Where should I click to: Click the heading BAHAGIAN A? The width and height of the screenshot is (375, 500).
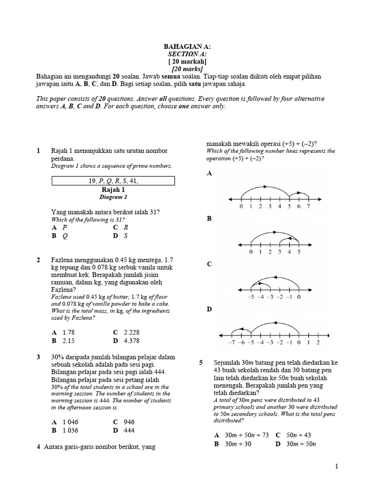click(x=187, y=47)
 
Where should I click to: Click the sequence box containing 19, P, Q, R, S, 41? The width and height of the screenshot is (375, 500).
click(x=113, y=181)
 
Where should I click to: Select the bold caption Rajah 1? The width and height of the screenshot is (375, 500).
click(x=113, y=189)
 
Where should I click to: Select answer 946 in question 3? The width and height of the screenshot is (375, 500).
click(x=128, y=422)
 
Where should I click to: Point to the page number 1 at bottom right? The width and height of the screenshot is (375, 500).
click(x=336, y=467)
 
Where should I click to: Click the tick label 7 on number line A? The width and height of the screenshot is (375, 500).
click(x=308, y=207)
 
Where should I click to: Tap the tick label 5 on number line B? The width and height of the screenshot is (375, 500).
click(x=299, y=252)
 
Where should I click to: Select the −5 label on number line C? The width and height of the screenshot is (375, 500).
click(x=251, y=296)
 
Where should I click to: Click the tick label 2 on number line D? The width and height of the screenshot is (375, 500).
click(x=318, y=342)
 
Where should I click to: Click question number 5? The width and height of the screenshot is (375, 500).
click(x=201, y=363)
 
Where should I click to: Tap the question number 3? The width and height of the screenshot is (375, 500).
click(x=39, y=357)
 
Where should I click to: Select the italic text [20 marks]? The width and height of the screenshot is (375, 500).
click(x=187, y=69)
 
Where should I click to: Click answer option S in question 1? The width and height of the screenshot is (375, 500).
click(x=125, y=235)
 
